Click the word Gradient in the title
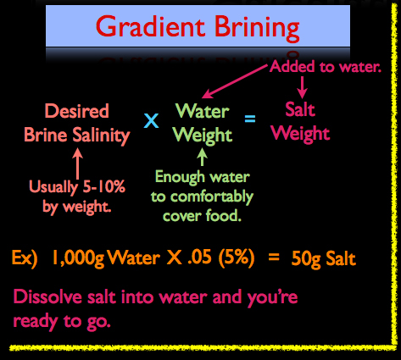pos(150,26)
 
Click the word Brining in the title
pos(257,29)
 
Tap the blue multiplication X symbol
pos(151,120)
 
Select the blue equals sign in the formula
pos(250,119)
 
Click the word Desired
pos(77,111)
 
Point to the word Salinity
pos(101,136)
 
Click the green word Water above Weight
pos(203,111)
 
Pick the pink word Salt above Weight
pos(300,109)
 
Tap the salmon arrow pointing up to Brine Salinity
pos(78,163)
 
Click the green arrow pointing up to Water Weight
pos(202,157)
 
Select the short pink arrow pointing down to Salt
pos(302,87)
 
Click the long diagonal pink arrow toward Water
pos(235,81)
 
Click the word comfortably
pos(212,197)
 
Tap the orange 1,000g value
pos(78,258)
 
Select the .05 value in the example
pos(199,257)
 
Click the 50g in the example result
pos(306,259)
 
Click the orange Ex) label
pos(25,258)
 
